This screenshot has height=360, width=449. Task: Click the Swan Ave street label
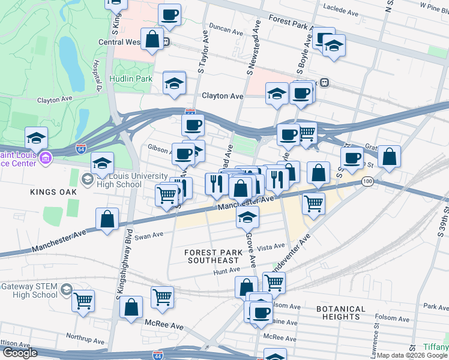149,236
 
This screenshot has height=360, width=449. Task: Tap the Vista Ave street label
270,247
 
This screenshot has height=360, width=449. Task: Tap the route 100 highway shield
367,181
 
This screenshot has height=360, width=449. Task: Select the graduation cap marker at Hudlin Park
174,83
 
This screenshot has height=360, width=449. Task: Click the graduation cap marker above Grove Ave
247,218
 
